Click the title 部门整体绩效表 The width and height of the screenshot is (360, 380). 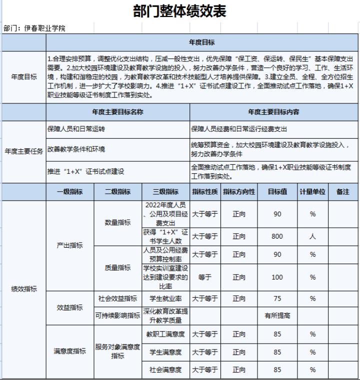click(x=179, y=11)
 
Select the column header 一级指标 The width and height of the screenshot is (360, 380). click(x=69, y=192)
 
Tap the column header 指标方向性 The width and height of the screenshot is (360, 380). click(x=239, y=192)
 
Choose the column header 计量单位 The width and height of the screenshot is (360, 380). click(x=312, y=192)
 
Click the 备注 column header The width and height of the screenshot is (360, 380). click(x=343, y=192)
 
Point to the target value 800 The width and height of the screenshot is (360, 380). click(x=277, y=237)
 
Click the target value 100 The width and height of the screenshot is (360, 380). click(x=277, y=277)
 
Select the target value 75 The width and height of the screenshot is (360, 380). click(x=277, y=299)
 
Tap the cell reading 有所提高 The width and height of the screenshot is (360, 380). click(x=277, y=316)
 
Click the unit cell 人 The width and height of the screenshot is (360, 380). click(x=312, y=237)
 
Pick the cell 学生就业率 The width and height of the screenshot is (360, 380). click(x=165, y=299)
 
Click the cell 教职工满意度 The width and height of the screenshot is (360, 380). click(x=165, y=334)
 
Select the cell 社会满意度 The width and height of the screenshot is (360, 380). click(x=165, y=370)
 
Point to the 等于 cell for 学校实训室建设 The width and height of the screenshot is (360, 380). click(x=205, y=277)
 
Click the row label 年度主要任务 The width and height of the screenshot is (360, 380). click(x=23, y=152)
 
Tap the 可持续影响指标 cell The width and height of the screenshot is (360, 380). click(x=117, y=316)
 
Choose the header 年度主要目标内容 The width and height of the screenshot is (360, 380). click(x=273, y=112)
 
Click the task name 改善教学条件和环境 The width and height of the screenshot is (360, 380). click(x=76, y=149)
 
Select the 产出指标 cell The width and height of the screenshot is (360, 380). click(x=69, y=246)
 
